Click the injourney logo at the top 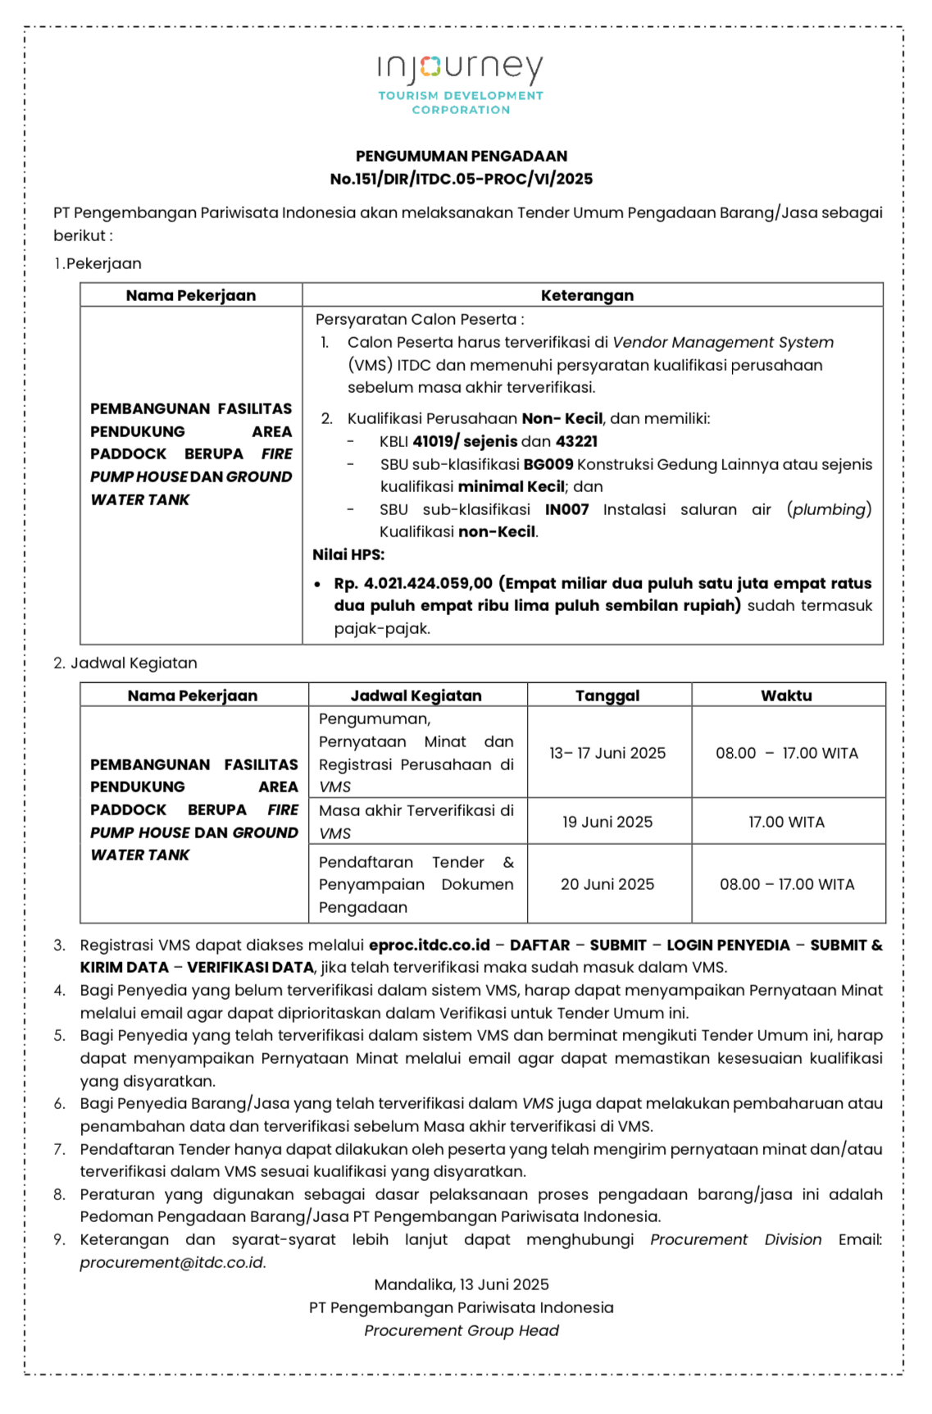pos(461,82)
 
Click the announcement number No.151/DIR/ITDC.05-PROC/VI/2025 pos(461,179)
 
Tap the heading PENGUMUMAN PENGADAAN pos(461,156)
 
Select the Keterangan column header pos(587,295)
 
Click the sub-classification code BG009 pos(548,464)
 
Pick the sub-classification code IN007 pos(567,509)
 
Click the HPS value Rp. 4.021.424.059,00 pos(413,583)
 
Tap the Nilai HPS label pos(348,554)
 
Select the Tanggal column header pos(607,696)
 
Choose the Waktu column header pos(786,696)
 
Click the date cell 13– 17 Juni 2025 pos(607,753)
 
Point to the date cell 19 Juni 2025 pos(607,822)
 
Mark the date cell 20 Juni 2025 pos(607,884)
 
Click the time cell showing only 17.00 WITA pos(786,822)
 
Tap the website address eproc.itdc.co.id pos(430,945)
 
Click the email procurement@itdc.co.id pos(172,1262)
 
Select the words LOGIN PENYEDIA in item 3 pos(728,945)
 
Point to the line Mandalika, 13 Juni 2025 pos(461,1284)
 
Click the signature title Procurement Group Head pos(461,1330)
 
